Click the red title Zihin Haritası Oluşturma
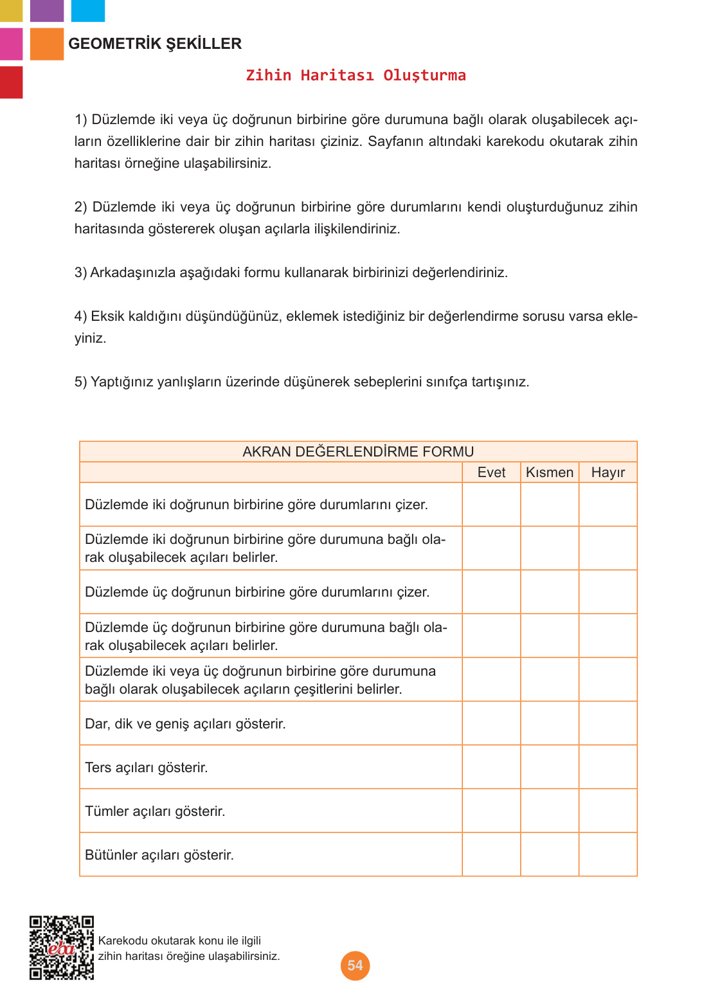355,75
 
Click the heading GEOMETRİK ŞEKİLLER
155,44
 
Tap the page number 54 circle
355,965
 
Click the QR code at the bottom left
62,948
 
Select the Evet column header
491,473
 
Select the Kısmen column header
550,473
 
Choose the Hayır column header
607,473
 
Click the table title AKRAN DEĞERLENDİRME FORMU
358,451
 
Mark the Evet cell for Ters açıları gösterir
491,767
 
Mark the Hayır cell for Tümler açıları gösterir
607,811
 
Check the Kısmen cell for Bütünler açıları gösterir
550,854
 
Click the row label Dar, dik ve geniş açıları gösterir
185,724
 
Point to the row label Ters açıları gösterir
147,768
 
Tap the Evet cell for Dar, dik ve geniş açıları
491,723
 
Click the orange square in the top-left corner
47,44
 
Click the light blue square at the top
87,10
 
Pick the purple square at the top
47,10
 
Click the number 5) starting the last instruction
80,382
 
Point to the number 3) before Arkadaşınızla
80,273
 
